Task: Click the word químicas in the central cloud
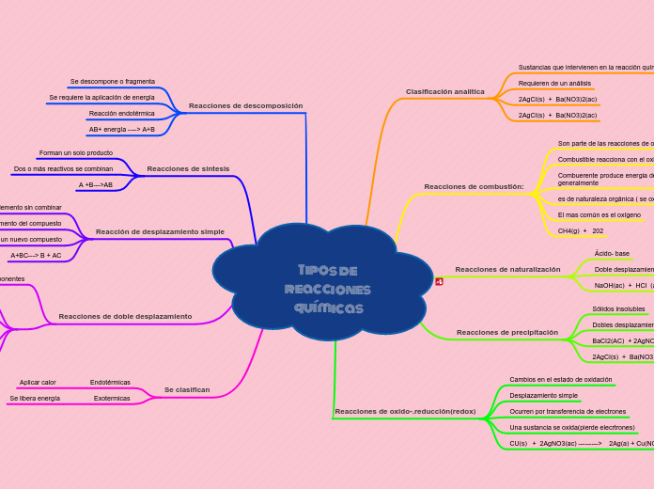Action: pos(328,308)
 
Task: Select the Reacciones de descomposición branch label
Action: pos(245,106)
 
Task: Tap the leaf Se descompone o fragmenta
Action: pos(113,82)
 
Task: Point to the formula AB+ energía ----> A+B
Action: pos(122,130)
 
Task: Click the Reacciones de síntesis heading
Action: pos(188,168)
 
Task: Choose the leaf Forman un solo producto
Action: pos(76,152)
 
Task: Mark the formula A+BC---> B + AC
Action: pos(36,255)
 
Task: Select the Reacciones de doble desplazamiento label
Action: pos(125,317)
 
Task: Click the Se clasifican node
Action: pos(187,389)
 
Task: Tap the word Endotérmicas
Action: pos(110,383)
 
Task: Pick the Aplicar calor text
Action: pos(38,383)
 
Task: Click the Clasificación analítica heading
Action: pos(444,92)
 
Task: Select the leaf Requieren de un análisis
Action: pos(554,84)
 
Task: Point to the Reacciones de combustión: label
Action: pos(474,187)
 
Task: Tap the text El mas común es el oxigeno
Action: pos(599,214)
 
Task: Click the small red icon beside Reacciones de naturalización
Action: pos(439,281)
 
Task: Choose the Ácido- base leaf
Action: pos(612,254)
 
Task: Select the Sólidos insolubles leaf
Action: pos(618,309)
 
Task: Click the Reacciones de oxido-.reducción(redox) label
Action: pos(405,412)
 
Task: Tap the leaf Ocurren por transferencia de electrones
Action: pos(568,412)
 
